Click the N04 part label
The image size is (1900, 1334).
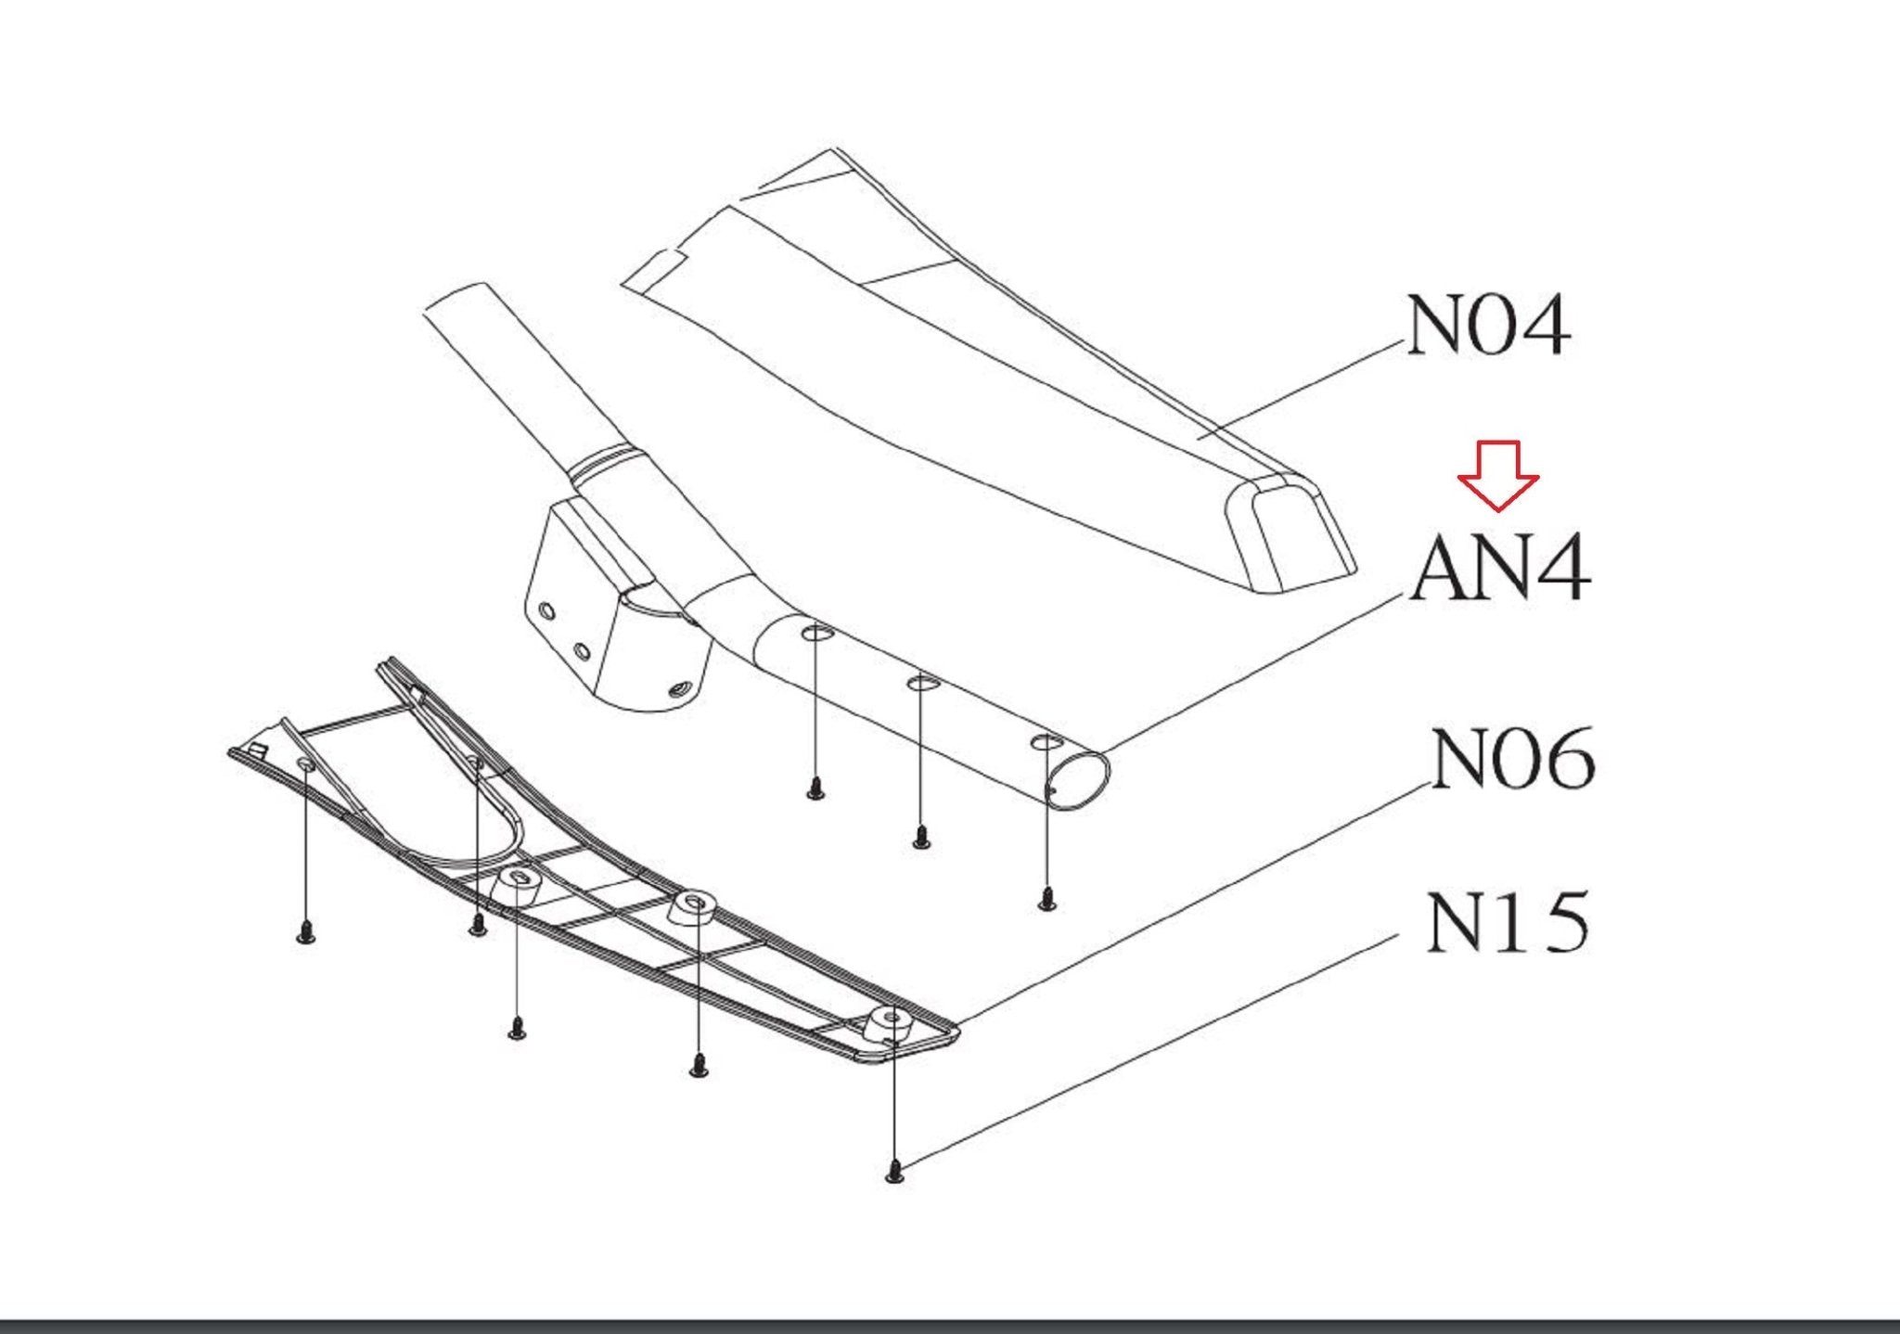(x=1488, y=326)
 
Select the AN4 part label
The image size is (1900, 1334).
(x=1500, y=568)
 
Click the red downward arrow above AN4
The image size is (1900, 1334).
(x=1498, y=475)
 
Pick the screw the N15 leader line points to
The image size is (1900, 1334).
(x=894, y=1173)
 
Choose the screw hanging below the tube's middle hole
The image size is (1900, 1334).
(x=920, y=836)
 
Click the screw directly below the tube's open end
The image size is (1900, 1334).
(x=1047, y=898)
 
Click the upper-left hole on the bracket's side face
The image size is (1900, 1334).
(x=547, y=612)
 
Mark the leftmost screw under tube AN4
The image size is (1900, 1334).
(x=815, y=788)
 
